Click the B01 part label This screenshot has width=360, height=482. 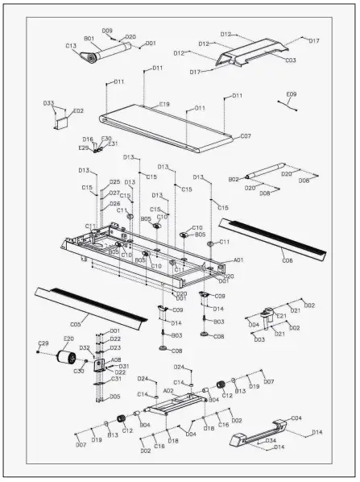click(x=89, y=38)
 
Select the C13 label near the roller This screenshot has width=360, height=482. click(x=71, y=46)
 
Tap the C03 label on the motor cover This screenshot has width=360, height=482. click(x=290, y=60)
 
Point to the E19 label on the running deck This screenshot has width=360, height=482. click(x=164, y=104)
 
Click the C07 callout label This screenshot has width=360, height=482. click(x=246, y=136)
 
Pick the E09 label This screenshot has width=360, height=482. click(x=291, y=94)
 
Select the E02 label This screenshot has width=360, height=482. click(x=78, y=110)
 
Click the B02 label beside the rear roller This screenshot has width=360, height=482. click(x=234, y=179)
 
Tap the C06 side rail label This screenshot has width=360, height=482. click(x=287, y=260)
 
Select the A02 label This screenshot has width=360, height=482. click(x=168, y=390)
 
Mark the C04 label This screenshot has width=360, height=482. click(x=296, y=418)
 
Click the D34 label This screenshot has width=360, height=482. click(x=271, y=441)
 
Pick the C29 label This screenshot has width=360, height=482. click(x=43, y=344)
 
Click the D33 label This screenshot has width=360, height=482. click(x=49, y=103)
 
